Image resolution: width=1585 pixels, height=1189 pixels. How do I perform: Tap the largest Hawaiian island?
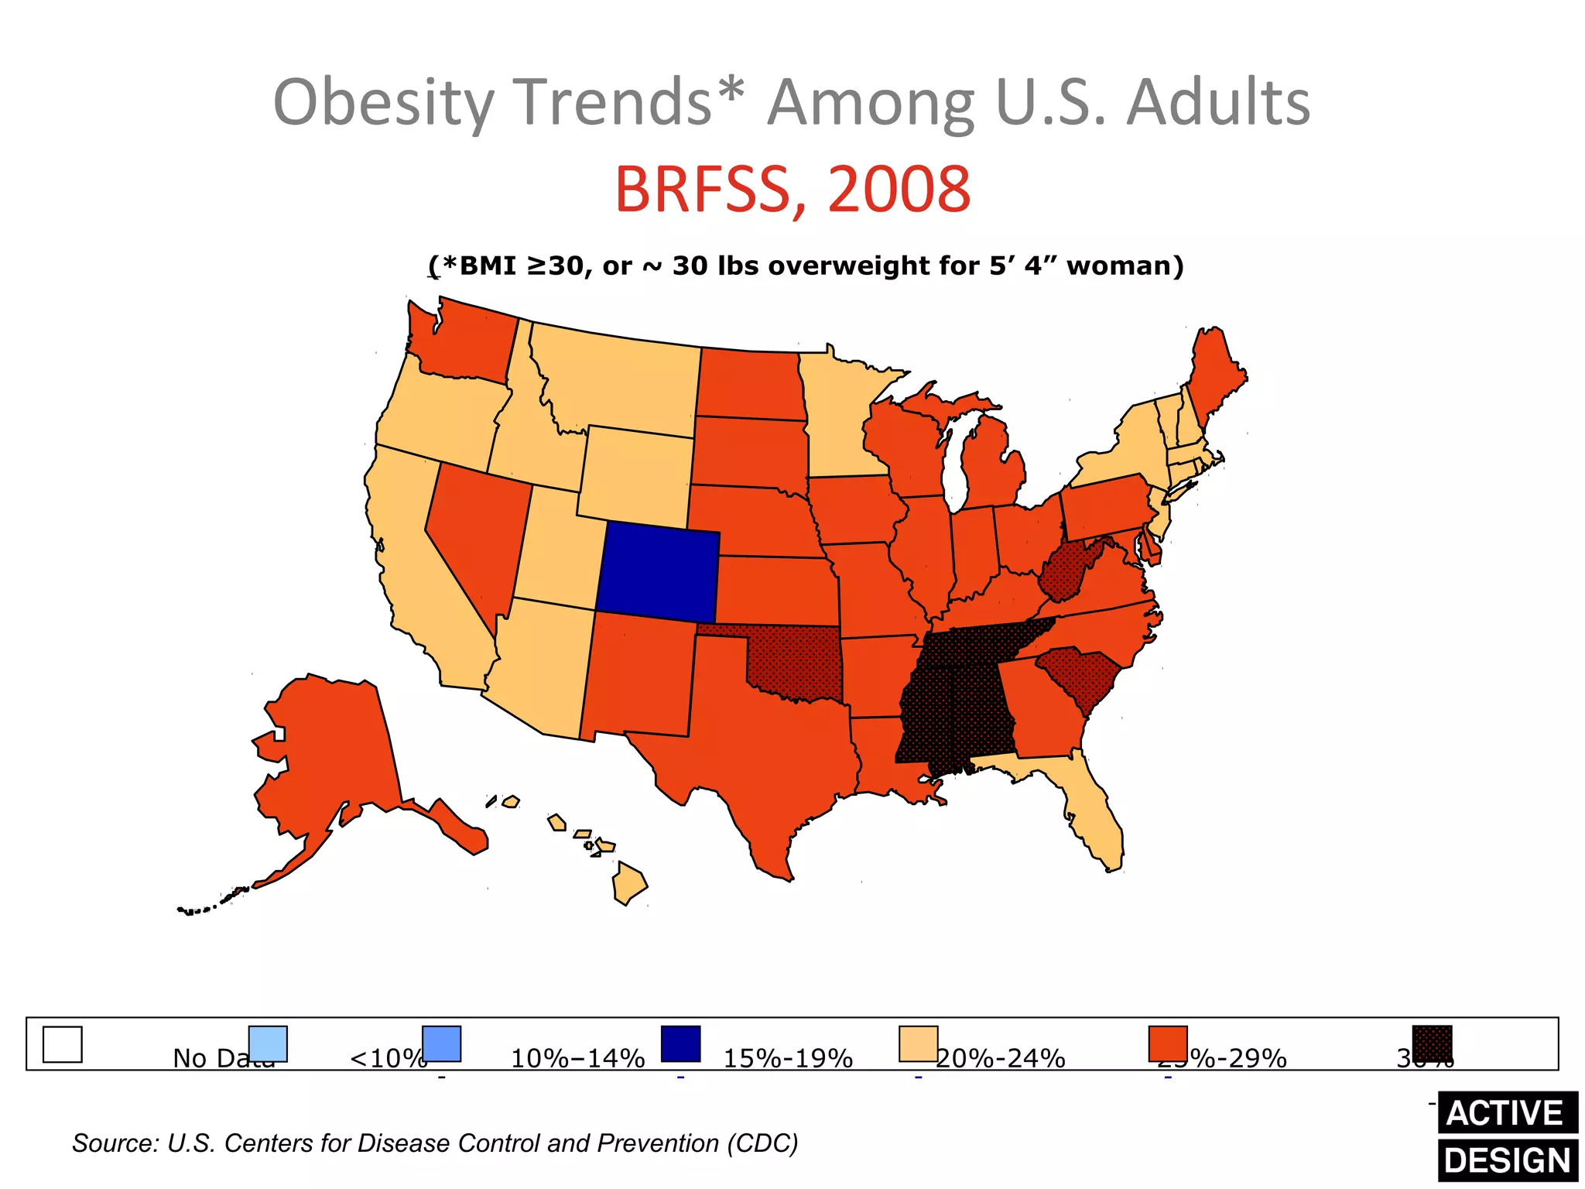(x=629, y=884)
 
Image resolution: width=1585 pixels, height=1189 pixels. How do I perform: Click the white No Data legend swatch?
(x=62, y=1044)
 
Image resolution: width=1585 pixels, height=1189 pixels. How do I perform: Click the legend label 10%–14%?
(x=577, y=1058)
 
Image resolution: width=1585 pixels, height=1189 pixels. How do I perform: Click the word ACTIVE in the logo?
(x=1505, y=1113)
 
